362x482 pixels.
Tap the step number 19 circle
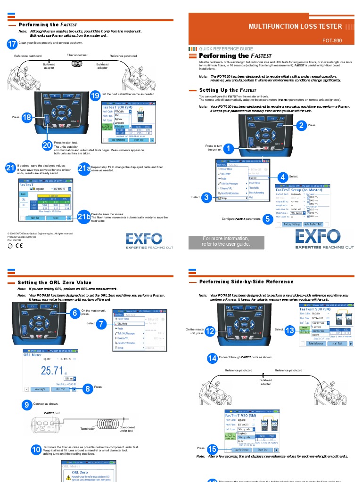(95, 96)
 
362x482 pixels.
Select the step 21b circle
(83, 217)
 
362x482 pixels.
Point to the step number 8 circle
(87, 388)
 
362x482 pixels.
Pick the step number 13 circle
(290, 330)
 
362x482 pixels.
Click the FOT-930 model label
(332, 41)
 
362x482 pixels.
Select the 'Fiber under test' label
(77, 55)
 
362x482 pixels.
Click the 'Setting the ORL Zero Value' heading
(54, 282)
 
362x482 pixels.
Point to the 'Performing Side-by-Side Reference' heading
(246, 281)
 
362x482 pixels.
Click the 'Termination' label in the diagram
(88, 428)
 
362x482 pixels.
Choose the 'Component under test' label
(127, 429)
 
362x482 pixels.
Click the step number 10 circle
(36, 450)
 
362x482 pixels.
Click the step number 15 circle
(212, 449)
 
